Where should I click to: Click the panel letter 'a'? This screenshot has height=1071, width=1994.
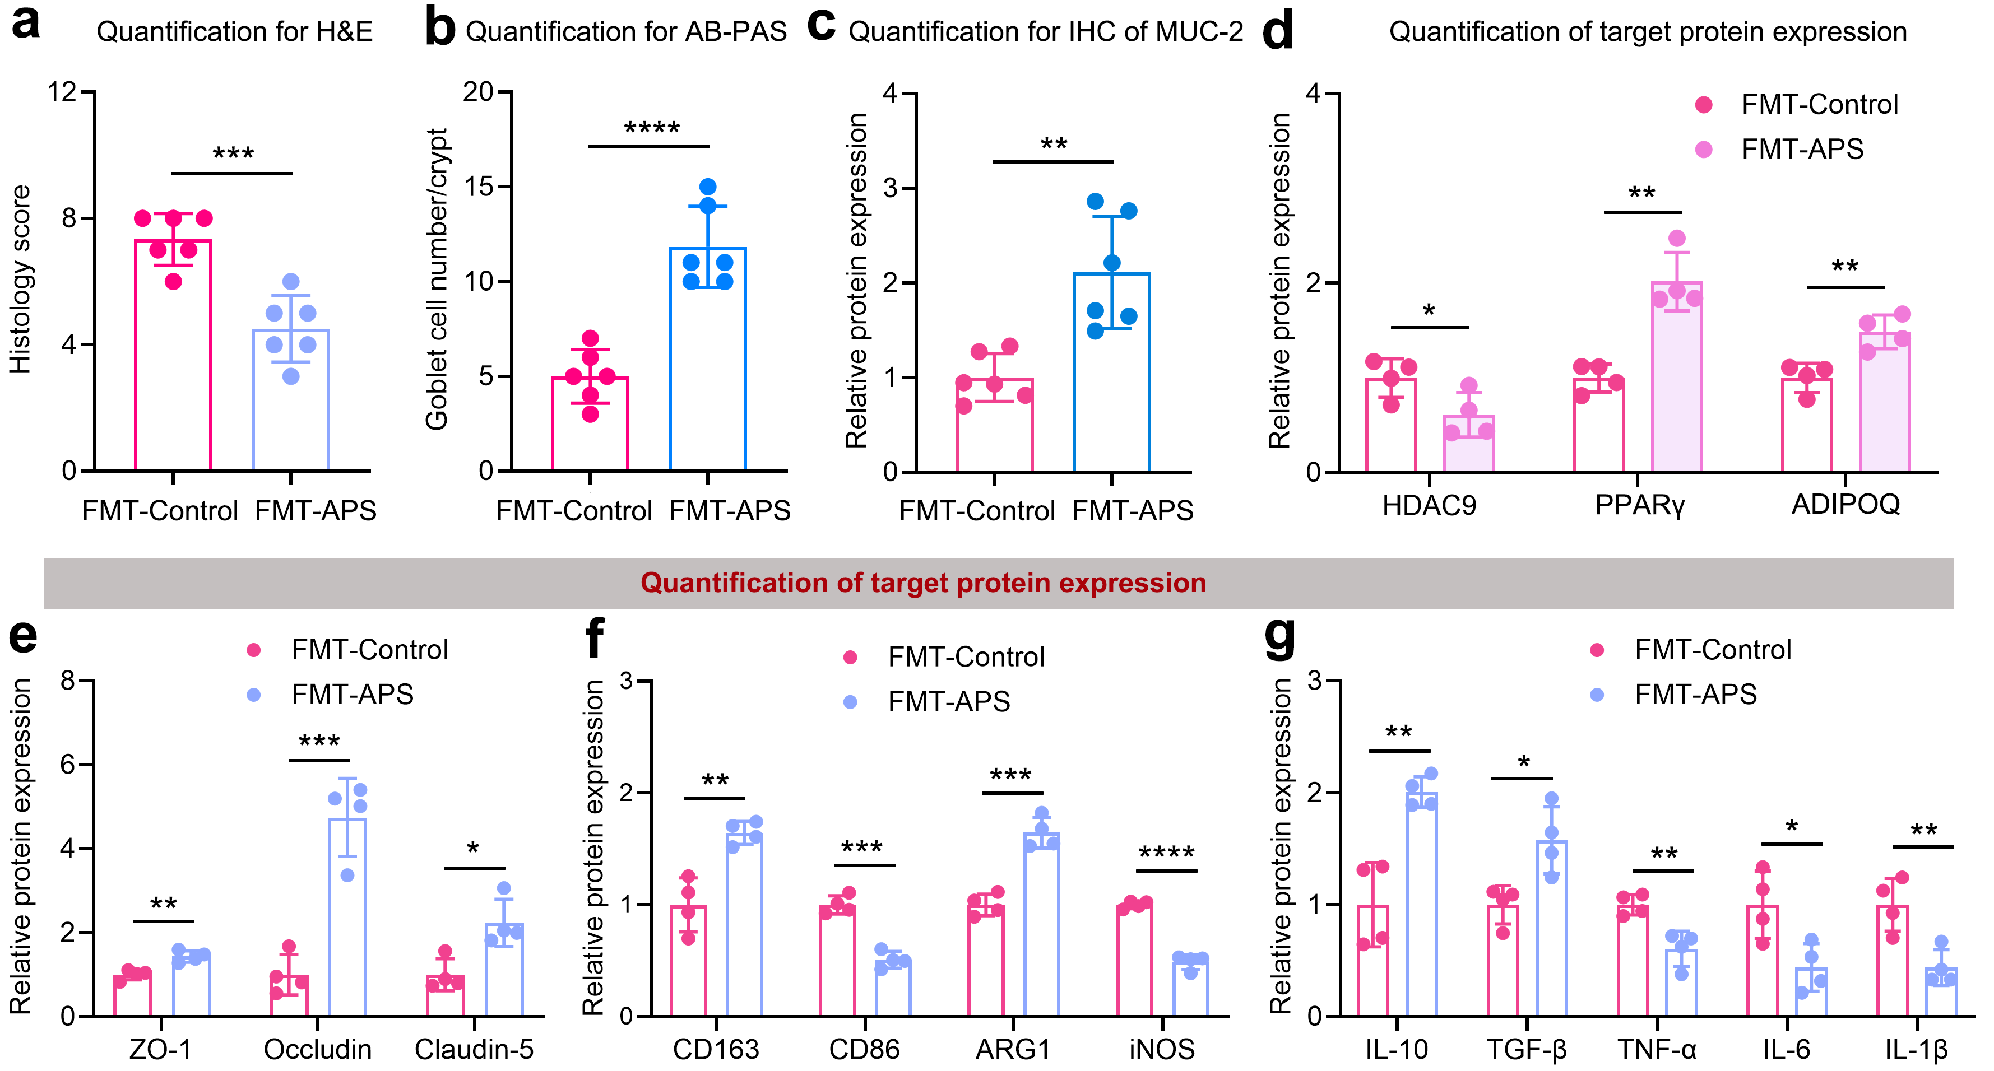tap(26, 23)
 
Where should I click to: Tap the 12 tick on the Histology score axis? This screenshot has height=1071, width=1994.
tap(62, 92)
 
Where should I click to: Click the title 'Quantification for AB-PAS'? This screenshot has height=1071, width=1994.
tap(625, 32)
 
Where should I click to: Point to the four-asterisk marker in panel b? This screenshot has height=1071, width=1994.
tap(652, 128)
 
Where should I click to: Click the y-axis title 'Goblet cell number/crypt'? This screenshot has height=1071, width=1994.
tap(437, 278)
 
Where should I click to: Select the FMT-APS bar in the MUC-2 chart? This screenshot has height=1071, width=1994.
tap(1111, 371)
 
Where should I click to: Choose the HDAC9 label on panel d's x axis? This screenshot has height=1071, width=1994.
tap(1429, 505)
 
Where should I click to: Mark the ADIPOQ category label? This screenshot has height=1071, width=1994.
tap(1845, 505)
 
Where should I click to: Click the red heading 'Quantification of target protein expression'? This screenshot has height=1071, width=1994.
tap(922, 583)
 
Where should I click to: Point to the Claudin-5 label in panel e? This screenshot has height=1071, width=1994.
tap(474, 1049)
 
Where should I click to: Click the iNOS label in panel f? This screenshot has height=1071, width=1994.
tap(1162, 1049)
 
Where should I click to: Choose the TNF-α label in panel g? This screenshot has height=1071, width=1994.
tap(1657, 1049)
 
